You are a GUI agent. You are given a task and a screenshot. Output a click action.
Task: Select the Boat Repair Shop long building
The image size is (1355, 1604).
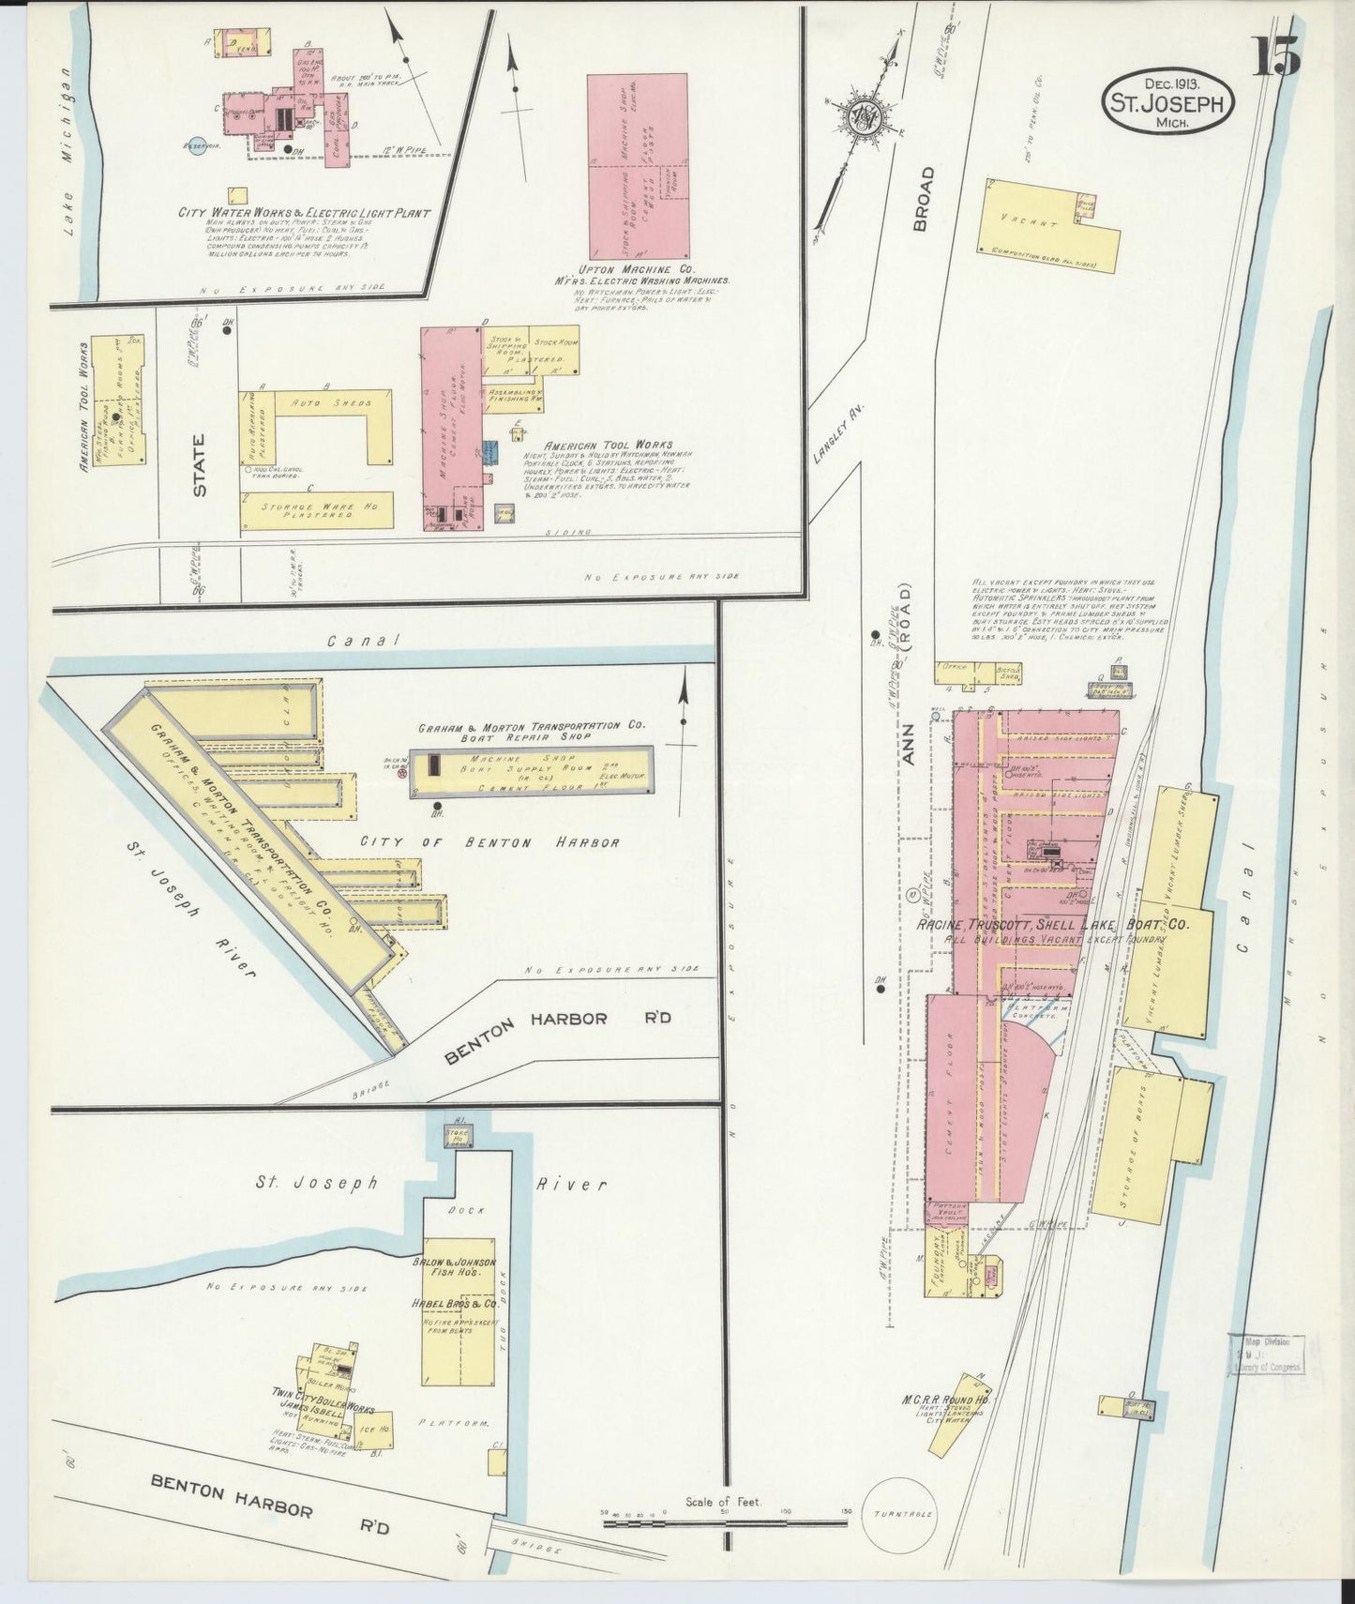tap(532, 771)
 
